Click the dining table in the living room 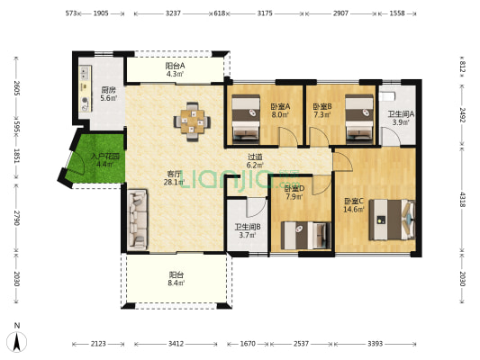[192, 121]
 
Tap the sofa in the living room [137, 219]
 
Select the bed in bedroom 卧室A [246, 119]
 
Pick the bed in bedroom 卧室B [359, 119]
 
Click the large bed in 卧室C [392, 220]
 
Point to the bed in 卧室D [306, 236]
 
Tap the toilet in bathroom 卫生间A [386, 96]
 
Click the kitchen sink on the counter [84, 73]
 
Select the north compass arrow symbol [17, 341]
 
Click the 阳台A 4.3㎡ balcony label [175, 69]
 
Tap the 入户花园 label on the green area [105, 157]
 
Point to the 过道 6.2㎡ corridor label [255, 161]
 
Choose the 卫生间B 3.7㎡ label [248, 231]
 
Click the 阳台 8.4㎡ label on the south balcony [176, 279]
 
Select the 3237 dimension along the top [173, 13]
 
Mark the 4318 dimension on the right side [463, 200]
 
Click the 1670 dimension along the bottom [248, 344]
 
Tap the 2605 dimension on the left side [17, 88]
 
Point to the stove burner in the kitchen [85, 100]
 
